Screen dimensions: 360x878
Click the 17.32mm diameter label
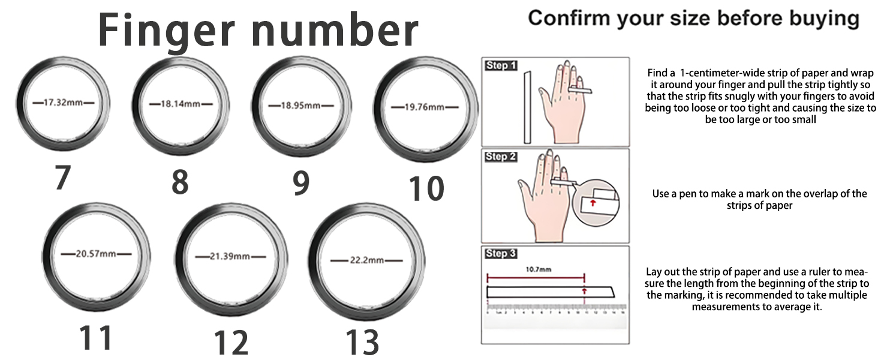[x=63, y=103]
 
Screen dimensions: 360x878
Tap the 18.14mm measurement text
[x=181, y=104]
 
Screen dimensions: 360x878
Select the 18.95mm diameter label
[x=300, y=106]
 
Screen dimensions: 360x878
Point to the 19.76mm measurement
[x=424, y=107]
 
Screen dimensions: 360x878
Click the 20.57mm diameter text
[x=96, y=253]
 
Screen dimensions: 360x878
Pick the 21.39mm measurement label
[x=230, y=256]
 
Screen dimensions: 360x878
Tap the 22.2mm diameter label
[x=366, y=260]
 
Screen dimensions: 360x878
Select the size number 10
[x=426, y=188]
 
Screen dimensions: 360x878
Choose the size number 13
[x=362, y=342]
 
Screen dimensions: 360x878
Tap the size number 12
[x=231, y=342]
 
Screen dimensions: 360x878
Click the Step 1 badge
[x=501, y=65]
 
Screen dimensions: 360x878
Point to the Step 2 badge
[x=501, y=157]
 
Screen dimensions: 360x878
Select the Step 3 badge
[x=501, y=254]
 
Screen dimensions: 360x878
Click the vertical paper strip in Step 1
[x=527, y=107]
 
